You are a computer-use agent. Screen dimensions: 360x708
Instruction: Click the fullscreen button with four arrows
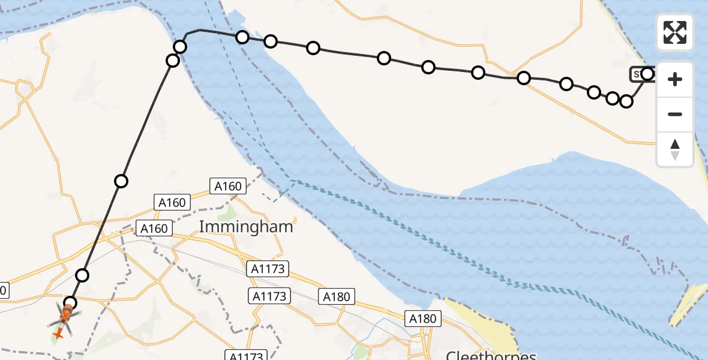tap(675, 32)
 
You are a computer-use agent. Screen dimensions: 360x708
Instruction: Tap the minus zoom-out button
tap(675, 114)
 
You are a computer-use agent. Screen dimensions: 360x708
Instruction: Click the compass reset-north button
tap(675, 149)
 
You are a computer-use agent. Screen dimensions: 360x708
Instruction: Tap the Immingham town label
tap(246, 227)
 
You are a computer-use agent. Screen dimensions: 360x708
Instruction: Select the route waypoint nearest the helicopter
tap(71, 303)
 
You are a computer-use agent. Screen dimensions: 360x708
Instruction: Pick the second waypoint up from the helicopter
tap(83, 275)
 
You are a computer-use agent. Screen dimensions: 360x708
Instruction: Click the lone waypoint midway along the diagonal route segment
tap(121, 181)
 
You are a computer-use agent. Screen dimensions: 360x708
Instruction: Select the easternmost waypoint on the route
tap(647, 74)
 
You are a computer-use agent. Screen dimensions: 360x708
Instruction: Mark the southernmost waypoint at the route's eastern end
tap(626, 101)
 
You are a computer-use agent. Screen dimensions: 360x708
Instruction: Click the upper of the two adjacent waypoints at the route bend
tap(180, 47)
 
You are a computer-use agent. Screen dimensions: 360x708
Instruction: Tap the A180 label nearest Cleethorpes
tap(423, 319)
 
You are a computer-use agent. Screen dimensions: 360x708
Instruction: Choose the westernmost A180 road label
tap(337, 296)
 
